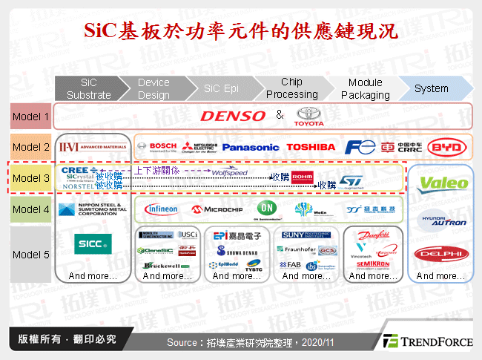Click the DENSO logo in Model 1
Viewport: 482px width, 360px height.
(x=232, y=116)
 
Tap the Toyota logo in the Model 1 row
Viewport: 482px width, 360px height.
(x=309, y=116)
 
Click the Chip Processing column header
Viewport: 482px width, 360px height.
(x=291, y=88)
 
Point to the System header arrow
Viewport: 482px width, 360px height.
(x=432, y=88)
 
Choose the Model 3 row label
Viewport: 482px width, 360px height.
(x=31, y=178)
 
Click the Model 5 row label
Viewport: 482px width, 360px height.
(x=31, y=255)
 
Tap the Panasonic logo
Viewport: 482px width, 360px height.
(x=251, y=147)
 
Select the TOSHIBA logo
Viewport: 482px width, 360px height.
(x=311, y=147)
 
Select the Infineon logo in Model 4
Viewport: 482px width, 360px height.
(x=161, y=209)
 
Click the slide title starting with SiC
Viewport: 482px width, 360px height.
(x=240, y=31)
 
